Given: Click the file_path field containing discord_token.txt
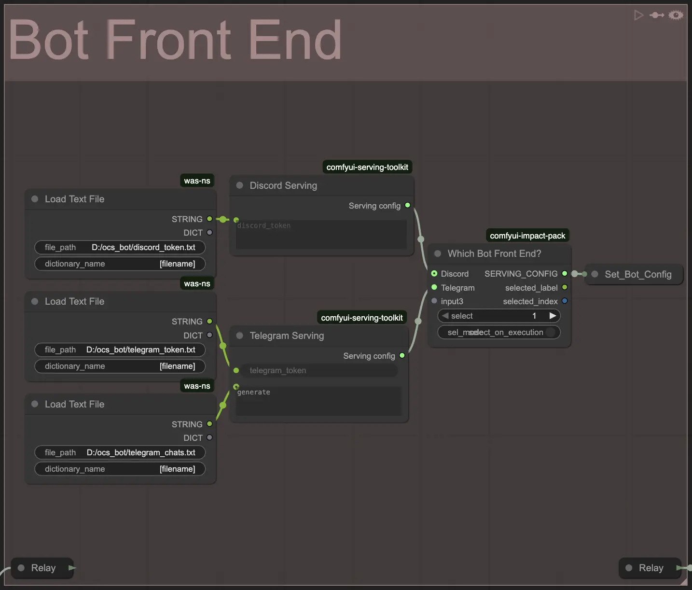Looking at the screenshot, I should (120, 247).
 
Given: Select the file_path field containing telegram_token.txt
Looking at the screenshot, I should (120, 350).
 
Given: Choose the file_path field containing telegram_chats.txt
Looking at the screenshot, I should (120, 452).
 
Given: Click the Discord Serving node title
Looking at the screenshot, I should (283, 185).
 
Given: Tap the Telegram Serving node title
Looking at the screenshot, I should (287, 336).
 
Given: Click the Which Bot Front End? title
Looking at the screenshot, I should (494, 253).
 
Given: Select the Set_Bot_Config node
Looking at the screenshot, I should (637, 274).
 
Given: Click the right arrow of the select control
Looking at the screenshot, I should (553, 316).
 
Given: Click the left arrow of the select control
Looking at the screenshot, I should (445, 316).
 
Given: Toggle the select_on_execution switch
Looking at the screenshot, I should (550, 332).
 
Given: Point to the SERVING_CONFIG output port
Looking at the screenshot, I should (565, 274).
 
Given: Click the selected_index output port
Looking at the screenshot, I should (565, 301).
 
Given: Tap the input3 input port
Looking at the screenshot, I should (434, 301).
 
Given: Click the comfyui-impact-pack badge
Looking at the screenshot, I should (527, 236).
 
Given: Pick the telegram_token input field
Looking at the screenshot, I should (318, 370).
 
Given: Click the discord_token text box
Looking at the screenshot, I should (321, 235).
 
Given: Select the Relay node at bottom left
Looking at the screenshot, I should (43, 568).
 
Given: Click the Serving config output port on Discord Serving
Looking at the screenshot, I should (408, 205).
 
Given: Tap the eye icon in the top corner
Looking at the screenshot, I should (676, 15).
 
